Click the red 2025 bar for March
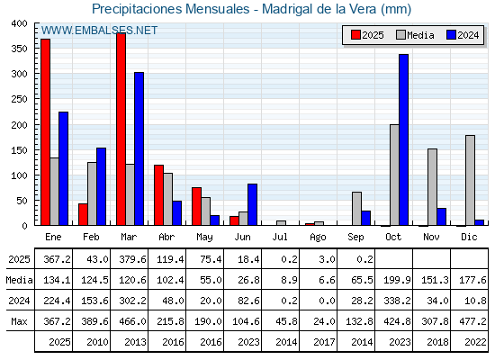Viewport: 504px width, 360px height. pyautogui.click(x=121, y=129)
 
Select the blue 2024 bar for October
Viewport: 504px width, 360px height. pyautogui.click(x=404, y=139)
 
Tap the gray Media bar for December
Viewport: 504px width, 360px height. pyautogui.click(x=470, y=180)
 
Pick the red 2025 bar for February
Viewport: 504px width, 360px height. pyautogui.click(x=83, y=214)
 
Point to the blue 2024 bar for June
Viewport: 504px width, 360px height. pyautogui.click(x=252, y=204)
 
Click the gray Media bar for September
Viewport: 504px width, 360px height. pyautogui.click(x=356, y=209)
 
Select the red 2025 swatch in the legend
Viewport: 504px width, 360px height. pyautogui.click(x=355, y=35)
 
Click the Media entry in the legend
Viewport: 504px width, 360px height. pyautogui.click(x=415, y=35)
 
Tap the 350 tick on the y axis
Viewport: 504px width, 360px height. pyautogui.click(x=20, y=49)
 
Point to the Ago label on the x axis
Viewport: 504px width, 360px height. pyautogui.click(x=318, y=238)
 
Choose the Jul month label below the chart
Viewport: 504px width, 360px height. pyautogui.click(x=280, y=237)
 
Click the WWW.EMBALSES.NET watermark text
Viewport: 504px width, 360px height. pyautogui.click(x=99, y=31)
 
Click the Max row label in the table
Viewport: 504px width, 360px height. pyautogui.click(x=19, y=321)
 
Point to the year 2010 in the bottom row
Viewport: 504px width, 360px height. pyautogui.click(x=97, y=342)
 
